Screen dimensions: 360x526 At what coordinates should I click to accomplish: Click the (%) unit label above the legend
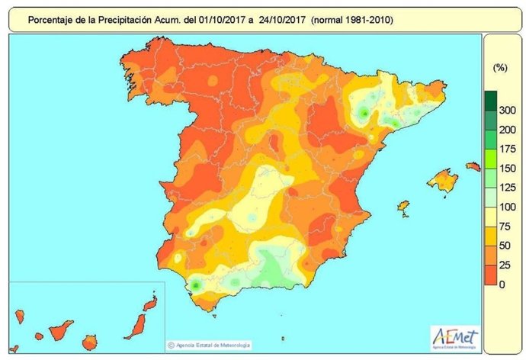(x=500, y=68)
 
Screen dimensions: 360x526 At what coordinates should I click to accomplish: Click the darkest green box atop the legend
(x=491, y=99)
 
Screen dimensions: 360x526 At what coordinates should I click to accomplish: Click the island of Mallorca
(x=441, y=181)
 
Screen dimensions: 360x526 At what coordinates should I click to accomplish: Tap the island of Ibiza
(x=403, y=207)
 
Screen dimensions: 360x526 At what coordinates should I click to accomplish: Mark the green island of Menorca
(x=473, y=166)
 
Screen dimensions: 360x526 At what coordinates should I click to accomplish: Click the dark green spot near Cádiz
(x=196, y=284)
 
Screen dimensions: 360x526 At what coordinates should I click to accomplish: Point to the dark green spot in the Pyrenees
(x=365, y=114)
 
